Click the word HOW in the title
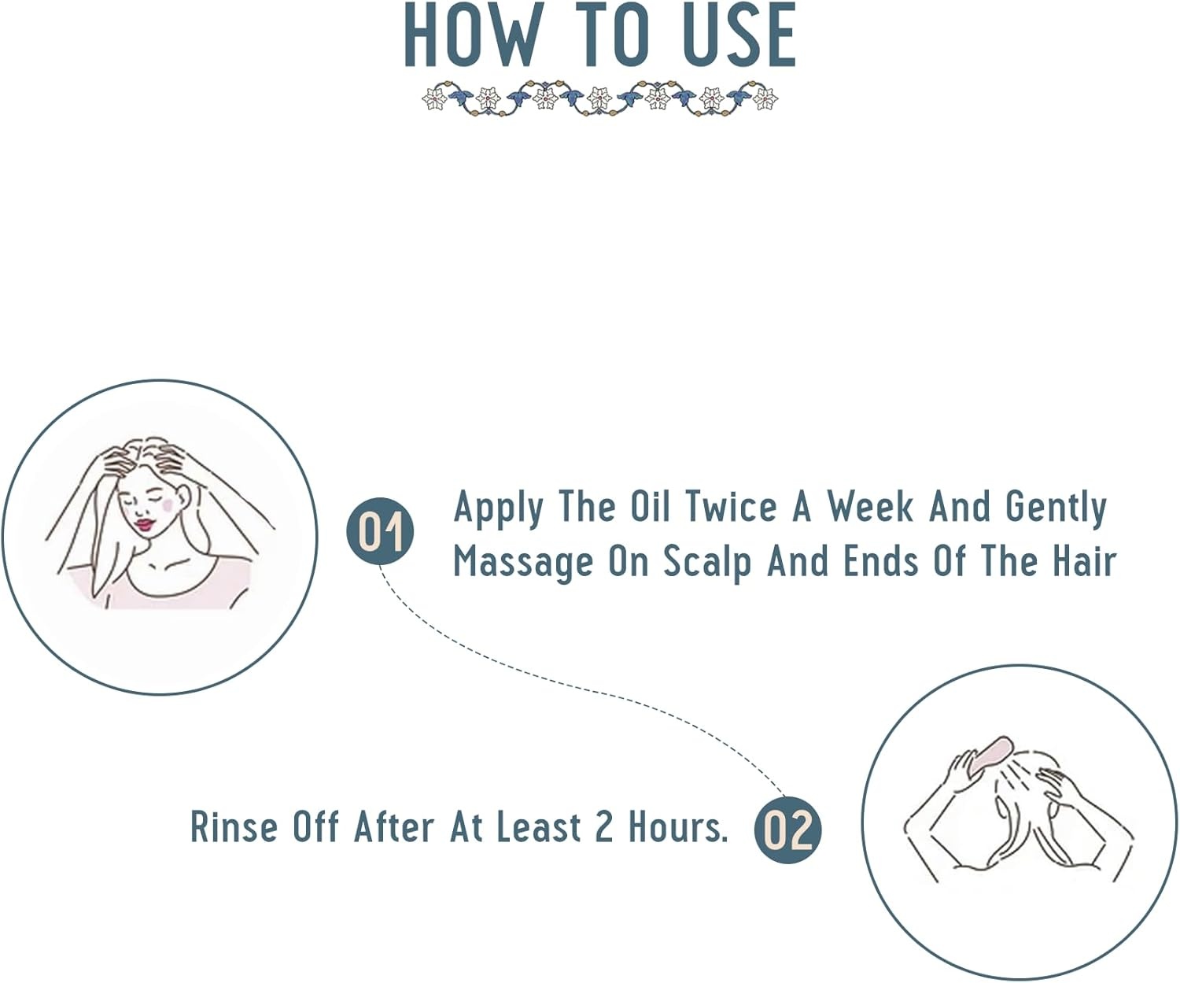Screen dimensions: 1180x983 click(473, 35)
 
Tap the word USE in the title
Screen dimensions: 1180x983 click(739, 35)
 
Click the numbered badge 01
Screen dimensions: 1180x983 click(380, 530)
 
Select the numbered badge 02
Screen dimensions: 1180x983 click(787, 830)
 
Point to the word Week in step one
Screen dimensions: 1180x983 click(870, 506)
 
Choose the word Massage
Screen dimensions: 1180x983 click(523, 564)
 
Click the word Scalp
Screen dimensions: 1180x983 click(707, 564)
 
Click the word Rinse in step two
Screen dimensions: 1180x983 click(234, 827)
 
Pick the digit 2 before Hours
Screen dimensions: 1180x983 click(604, 827)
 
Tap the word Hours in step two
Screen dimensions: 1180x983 click(678, 827)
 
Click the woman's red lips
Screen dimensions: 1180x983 click(145, 525)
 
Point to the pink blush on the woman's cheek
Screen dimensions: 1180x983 click(166, 505)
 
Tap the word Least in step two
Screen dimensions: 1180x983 click(539, 827)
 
